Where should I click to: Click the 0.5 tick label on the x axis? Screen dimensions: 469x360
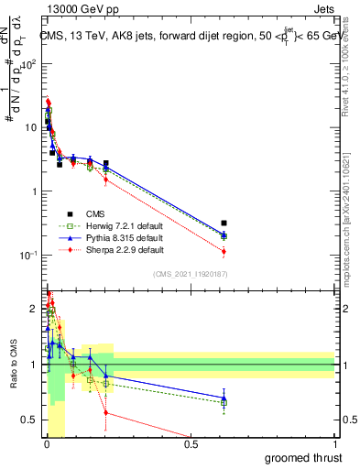tap(191, 444)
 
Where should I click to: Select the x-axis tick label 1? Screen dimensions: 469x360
tap(335, 444)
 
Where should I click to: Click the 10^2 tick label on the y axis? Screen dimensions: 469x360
tap(29, 65)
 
